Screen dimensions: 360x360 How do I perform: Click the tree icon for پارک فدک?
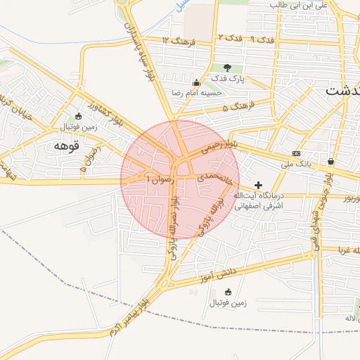pos(227,67)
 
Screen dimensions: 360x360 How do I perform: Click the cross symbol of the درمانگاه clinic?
pos(259,184)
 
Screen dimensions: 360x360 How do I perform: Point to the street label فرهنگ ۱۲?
pos(176,40)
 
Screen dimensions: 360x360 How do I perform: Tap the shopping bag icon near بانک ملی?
pos(330,161)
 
